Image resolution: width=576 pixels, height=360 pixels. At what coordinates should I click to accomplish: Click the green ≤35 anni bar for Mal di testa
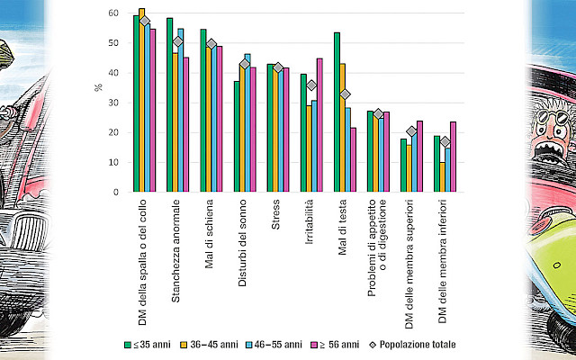337,112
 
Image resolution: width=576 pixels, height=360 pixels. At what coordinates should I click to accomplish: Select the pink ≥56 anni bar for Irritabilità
319,125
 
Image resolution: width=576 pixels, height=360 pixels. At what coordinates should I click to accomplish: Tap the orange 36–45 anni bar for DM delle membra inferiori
442,177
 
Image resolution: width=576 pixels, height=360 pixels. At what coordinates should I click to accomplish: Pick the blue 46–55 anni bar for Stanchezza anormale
180,110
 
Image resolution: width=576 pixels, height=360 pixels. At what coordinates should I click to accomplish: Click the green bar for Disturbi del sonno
237,136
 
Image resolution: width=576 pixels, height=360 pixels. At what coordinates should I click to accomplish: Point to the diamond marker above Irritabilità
311,85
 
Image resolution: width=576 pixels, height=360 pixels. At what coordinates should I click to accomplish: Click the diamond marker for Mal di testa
345,94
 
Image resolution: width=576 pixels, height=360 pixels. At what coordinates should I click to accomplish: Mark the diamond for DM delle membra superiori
411,131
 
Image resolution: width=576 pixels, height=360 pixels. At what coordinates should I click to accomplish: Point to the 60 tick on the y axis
113,13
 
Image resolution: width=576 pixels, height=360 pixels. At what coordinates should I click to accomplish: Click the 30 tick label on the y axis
113,103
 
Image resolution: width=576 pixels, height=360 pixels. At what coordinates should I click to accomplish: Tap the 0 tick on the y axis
116,192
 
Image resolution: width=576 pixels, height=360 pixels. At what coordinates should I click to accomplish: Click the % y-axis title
98,87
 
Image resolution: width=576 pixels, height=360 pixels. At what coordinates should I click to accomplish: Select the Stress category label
275,214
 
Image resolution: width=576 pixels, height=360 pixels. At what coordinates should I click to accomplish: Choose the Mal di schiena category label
209,234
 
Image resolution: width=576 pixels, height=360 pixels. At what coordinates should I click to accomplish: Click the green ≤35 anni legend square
128,345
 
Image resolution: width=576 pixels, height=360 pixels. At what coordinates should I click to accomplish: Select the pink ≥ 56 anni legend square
314,345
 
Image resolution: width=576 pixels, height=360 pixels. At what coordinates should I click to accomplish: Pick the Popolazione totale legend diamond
373,345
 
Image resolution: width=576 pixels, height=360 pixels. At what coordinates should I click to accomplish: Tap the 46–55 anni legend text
278,345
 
